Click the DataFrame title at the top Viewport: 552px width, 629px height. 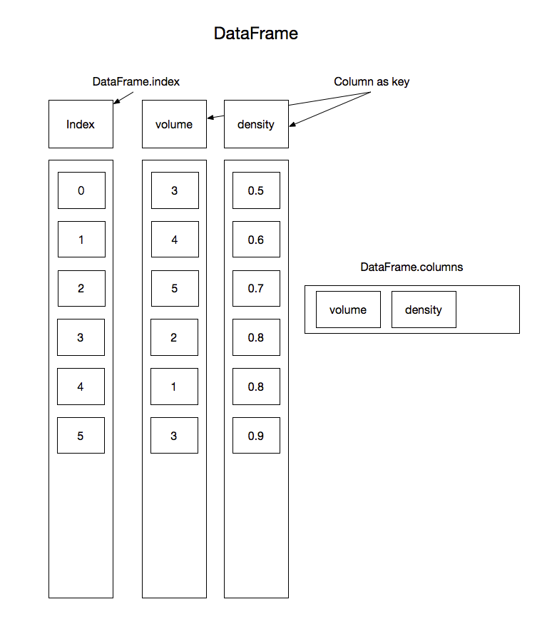pyautogui.click(x=255, y=34)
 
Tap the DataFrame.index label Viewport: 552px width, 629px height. pyautogui.click(x=136, y=82)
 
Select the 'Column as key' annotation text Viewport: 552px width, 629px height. pyautogui.click(x=372, y=82)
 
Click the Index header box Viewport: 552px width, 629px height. pyautogui.click(x=81, y=124)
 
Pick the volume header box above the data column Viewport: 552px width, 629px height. pyautogui.click(x=174, y=124)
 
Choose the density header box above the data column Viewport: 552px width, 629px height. pyautogui.click(x=256, y=124)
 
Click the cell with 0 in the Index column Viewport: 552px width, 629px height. pyautogui.click(x=81, y=190)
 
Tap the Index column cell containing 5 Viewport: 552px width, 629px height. pyautogui.click(x=81, y=436)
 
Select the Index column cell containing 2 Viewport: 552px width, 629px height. pyautogui.click(x=81, y=289)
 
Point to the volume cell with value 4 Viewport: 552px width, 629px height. pyautogui.click(x=174, y=240)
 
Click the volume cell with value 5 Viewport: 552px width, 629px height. pyautogui.click(x=174, y=289)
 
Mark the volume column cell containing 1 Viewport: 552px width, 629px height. pyautogui.click(x=174, y=387)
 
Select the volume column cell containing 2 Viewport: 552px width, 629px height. pyautogui.click(x=174, y=338)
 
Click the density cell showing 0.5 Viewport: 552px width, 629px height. pyautogui.click(x=256, y=190)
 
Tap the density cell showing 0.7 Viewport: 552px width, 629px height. pyautogui.click(x=256, y=289)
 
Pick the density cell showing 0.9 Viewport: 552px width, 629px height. pyautogui.click(x=256, y=436)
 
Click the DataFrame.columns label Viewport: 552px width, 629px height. pyautogui.click(x=412, y=267)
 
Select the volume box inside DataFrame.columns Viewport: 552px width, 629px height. pyautogui.click(x=348, y=310)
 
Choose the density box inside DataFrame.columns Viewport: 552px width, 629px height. pyautogui.click(x=424, y=310)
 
